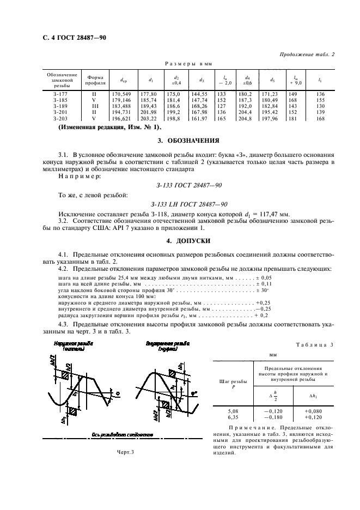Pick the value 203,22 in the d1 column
click(x=149, y=118)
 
